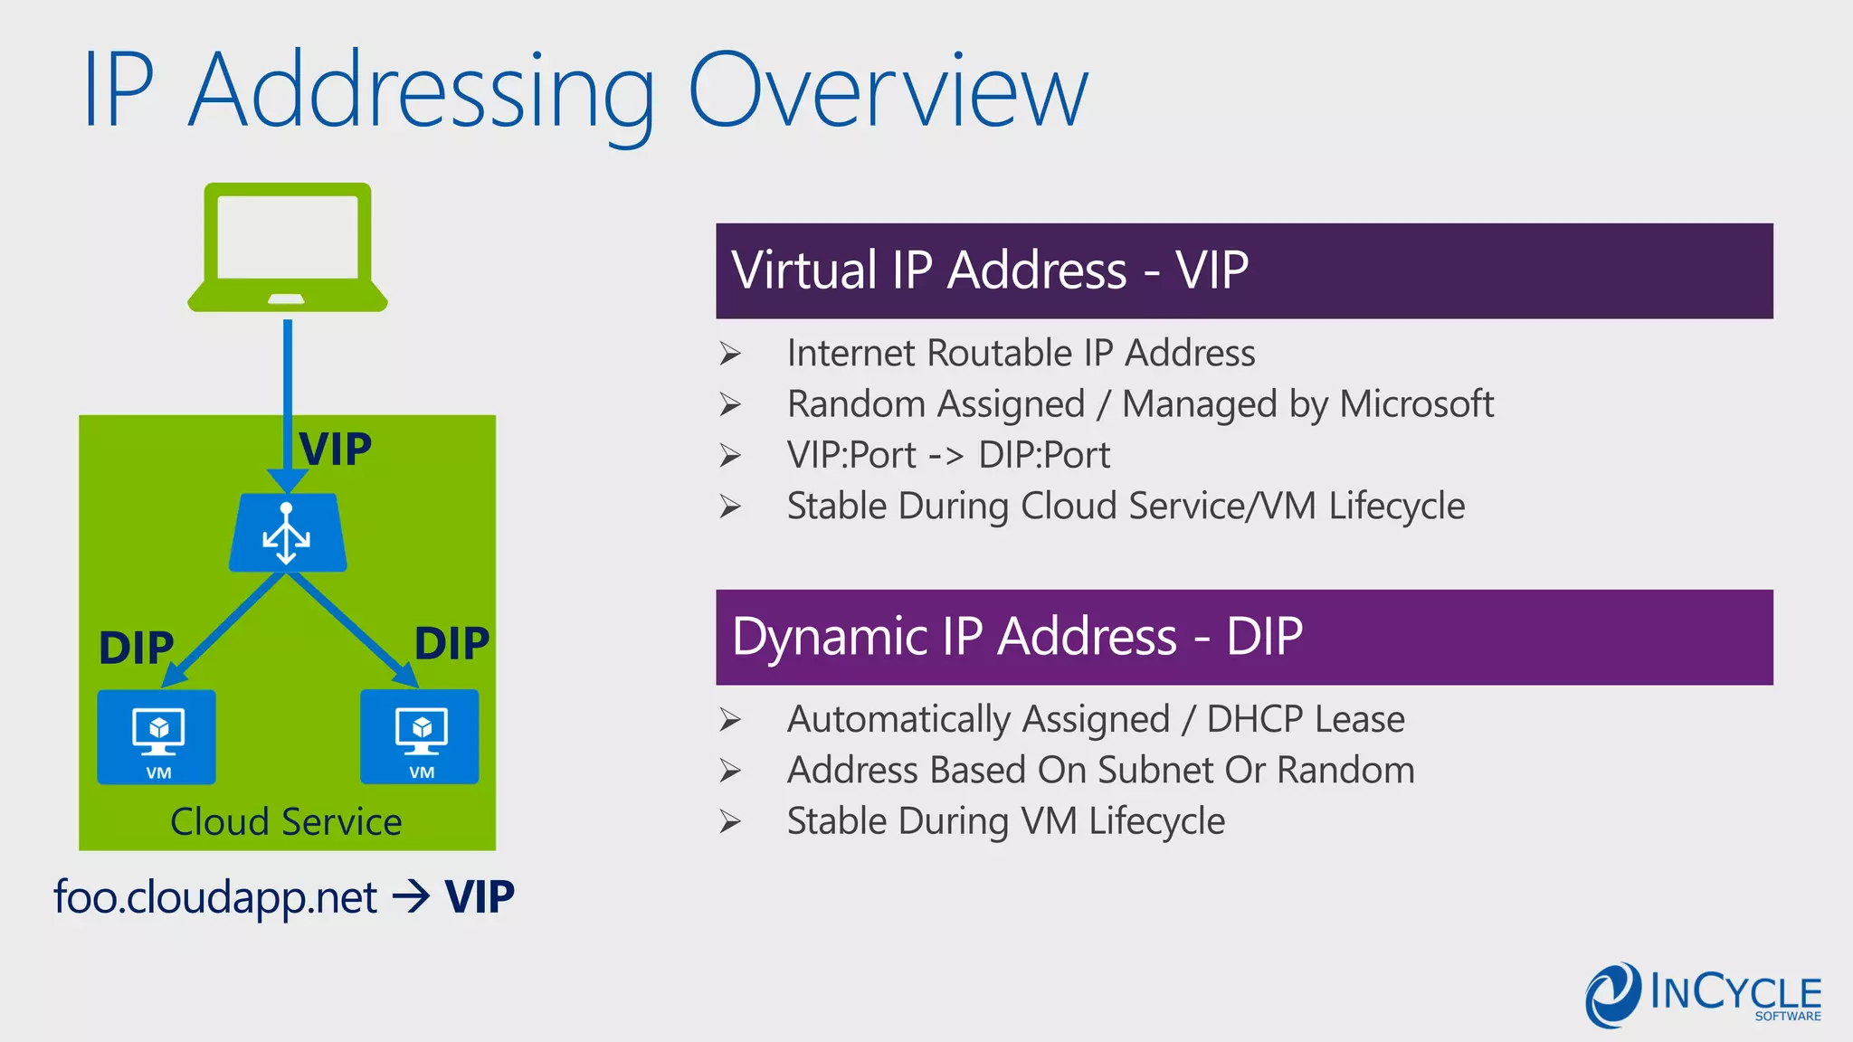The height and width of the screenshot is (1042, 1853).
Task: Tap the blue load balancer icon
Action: [x=288, y=533]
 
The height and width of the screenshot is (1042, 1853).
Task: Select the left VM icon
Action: [x=157, y=736]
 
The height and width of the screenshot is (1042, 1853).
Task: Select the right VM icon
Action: [x=420, y=736]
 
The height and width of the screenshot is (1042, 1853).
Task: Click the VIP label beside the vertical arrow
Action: [x=336, y=450]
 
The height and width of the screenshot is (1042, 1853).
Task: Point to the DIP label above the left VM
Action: [x=137, y=648]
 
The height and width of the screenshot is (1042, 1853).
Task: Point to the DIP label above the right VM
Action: [x=451, y=644]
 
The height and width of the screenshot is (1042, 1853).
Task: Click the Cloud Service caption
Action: [x=286, y=822]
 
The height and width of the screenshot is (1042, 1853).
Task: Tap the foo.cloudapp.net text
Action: [x=215, y=897]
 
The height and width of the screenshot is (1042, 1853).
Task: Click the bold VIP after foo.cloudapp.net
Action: [x=480, y=897]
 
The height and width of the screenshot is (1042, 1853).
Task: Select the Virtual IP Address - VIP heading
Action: [x=990, y=270]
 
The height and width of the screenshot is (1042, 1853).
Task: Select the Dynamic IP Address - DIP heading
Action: [x=1017, y=636]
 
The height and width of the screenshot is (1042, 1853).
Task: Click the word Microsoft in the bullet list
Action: [x=1416, y=404]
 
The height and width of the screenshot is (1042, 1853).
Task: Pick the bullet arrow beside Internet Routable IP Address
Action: [x=730, y=354]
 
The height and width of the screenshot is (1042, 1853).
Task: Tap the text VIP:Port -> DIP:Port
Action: [x=948, y=455]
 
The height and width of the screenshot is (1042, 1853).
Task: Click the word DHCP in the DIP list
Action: [x=1255, y=719]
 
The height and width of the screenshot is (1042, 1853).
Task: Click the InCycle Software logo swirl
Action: [x=1612, y=995]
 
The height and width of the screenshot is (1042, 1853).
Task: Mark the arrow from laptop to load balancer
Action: [x=288, y=398]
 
